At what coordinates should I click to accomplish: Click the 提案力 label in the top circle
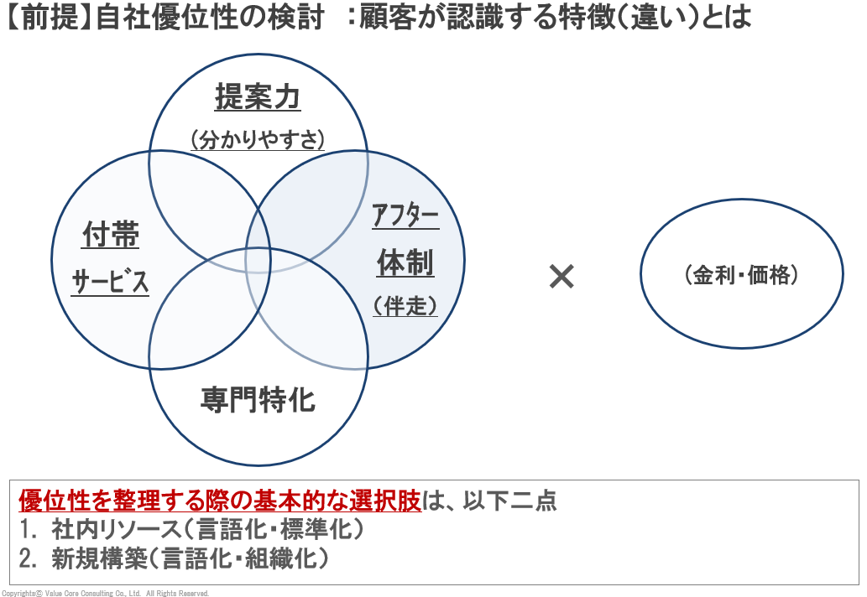pyautogui.click(x=258, y=97)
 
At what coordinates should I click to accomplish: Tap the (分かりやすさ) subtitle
pyautogui.click(x=258, y=139)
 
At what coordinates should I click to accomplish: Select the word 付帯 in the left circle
pyautogui.click(x=111, y=234)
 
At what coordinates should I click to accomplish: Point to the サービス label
pyautogui.click(x=110, y=281)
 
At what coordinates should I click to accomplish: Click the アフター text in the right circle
pyautogui.click(x=405, y=215)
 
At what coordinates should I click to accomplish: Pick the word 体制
pyautogui.click(x=405, y=262)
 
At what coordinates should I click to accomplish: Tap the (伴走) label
pyautogui.click(x=405, y=305)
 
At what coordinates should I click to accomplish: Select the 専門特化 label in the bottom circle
pyautogui.click(x=258, y=400)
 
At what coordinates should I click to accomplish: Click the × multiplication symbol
pyautogui.click(x=561, y=276)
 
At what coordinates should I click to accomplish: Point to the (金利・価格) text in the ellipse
pyautogui.click(x=741, y=274)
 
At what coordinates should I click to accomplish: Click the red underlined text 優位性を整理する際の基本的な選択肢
pyautogui.click(x=220, y=501)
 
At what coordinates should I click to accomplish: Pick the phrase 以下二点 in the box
pyautogui.click(x=509, y=501)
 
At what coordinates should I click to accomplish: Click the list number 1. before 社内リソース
pyautogui.click(x=28, y=529)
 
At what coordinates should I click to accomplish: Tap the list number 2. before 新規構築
pyautogui.click(x=28, y=558)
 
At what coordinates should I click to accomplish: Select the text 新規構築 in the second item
pyautogui.click(x=100, y=558)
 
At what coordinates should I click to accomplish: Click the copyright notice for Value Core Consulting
pyautogui.click(x=105, y=593)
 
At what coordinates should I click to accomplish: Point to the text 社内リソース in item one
pyautogui.click(x=116, y=529)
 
